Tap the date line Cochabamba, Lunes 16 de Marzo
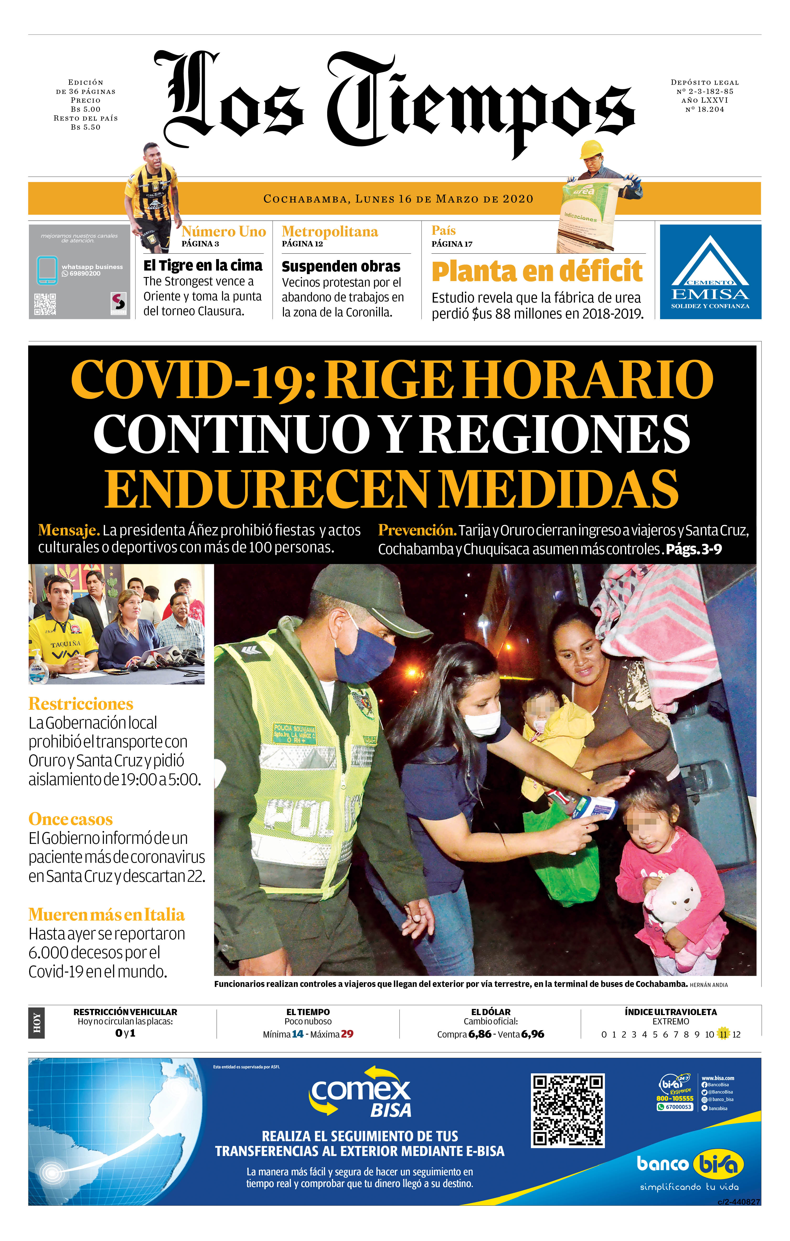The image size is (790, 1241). coord(398,199)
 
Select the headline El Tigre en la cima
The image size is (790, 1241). coord(203,265)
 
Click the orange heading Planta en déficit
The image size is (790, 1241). coord(537,271)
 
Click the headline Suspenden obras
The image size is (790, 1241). coord(341,266)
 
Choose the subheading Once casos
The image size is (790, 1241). coord(71,819)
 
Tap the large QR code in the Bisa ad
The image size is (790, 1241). coord(567,1110)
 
